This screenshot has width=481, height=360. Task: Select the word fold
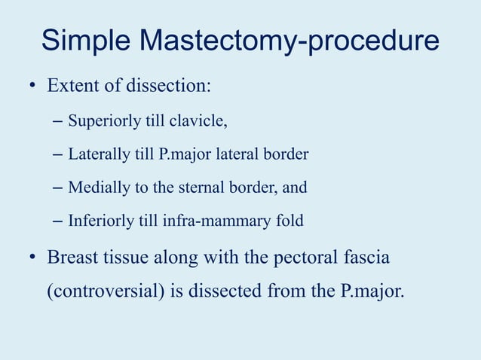click(x=290, y=221)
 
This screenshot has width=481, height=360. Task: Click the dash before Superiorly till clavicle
click(x=59, y=121)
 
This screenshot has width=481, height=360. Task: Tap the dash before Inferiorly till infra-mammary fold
click(x=59, y=221)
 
